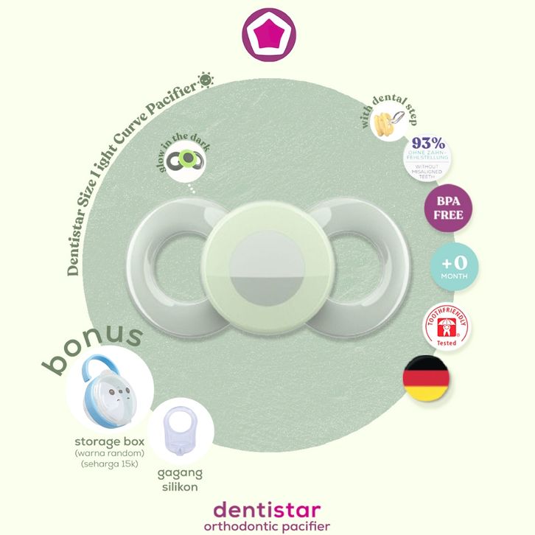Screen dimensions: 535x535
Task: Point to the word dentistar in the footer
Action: tap(268, 509)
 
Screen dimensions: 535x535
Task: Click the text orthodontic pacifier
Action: tap(268, 526)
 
